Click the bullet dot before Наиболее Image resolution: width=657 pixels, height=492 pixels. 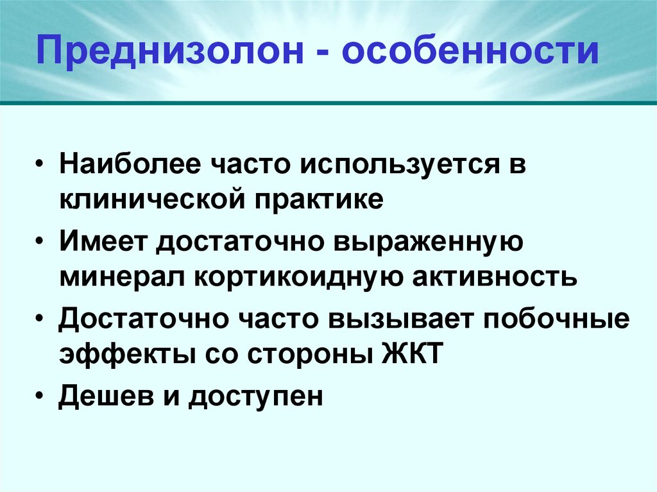[x=40, y=165]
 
